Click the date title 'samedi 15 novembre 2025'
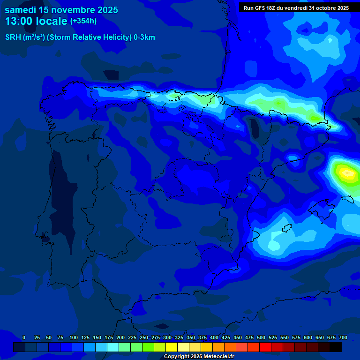tap(61, 10)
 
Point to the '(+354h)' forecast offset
tap(83, 21)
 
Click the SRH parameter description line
tap(80, 37)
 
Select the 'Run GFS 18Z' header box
tap(296, 8)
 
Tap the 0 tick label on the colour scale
tap(24, 337)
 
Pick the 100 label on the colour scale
tap(73, 337)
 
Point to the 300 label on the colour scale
tap(167, 337)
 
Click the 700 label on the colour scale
tap(343, 337)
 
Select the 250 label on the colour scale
tap(144, 337)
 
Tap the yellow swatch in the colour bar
tap(172, 347)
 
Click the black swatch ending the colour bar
tap(336, 347)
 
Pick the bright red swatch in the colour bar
tap(265, 347)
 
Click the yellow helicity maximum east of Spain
tap(347, 173)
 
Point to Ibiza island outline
tap(286, 228)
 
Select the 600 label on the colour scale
tap(308, 337)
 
